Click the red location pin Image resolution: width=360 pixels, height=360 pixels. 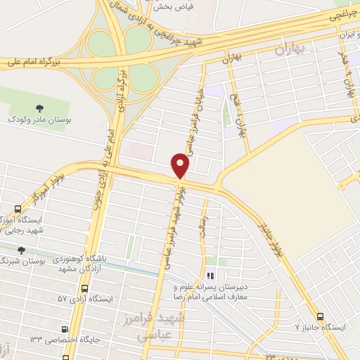coord(181,166)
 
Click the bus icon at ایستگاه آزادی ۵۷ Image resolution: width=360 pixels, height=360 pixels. coord(86,288)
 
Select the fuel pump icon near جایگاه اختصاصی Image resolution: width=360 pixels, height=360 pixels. coord(65,328)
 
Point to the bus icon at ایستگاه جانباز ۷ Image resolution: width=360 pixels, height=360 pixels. coord(321,317)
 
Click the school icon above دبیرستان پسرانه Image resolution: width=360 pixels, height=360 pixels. coord(209,276)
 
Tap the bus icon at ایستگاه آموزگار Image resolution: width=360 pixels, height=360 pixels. coord(18,209)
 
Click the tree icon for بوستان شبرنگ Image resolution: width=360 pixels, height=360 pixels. coord(21,250)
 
